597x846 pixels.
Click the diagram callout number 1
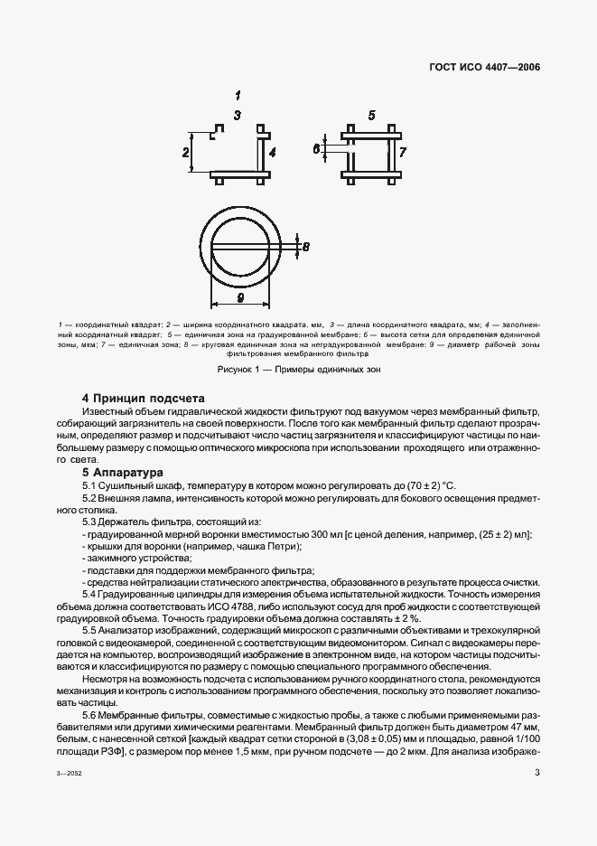click(x=238, y=95)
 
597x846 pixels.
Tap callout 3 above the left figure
click(x=237, y=115)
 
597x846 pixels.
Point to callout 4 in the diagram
click(x=272, y=152)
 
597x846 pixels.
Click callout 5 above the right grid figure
click(x=371, y=115)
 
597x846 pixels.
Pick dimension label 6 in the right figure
click(x=316, y=150)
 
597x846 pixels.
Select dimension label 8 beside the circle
click(x=305, y=247)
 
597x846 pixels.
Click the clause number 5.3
click(x=92, y=522)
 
